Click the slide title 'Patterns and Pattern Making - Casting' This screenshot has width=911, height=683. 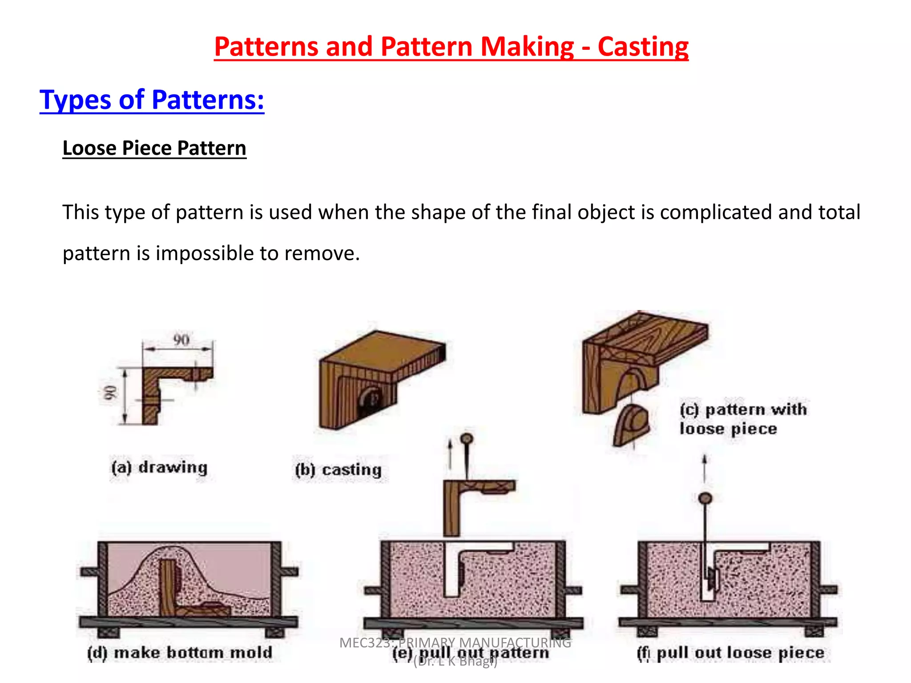(451, 47)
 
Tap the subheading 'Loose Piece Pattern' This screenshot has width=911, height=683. (154, 148)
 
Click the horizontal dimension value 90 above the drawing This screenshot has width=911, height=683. (181, 340)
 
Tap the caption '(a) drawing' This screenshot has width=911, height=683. (160, 467)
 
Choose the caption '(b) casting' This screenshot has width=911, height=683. (339, 470)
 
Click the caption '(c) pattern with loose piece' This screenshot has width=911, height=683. (743, 419)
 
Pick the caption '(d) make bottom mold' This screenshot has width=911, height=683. (180, 653)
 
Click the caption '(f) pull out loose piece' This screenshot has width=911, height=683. (730, 653)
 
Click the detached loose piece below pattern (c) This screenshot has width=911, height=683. (632, 425)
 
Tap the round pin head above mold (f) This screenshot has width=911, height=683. (705, 498)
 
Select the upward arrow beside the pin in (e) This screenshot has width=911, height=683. (450, 454)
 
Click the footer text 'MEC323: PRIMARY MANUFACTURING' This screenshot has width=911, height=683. (455, 643)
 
